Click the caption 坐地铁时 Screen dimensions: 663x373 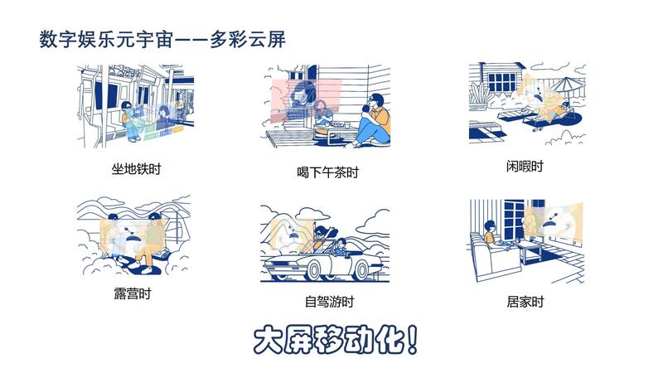pyautogui.click(x=136, y=169)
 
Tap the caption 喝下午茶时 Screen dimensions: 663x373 pyautogui.click(x=327, y=172)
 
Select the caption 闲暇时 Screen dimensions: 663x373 pyautogui.click(x=525, y=167)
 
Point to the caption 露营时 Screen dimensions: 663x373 pyautogui.click(x=133, y=293)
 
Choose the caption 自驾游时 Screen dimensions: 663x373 pyautogui.click(x=329, y=302)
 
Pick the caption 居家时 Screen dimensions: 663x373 pyautogui.click(x=525, y=302)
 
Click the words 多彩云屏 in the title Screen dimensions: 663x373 pyautogui.click(x=248, y=39)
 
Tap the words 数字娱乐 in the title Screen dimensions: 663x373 pyautogui.click(x=77, y=39)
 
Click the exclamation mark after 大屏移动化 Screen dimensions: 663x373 pyautogui.click(x=412, y=339)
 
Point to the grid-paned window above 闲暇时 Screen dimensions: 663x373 pyautogui.click(x=502, y=82)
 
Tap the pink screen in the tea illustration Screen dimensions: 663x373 pyautogui.click(x=306, y=100)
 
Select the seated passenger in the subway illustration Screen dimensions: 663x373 pyautogui.click(x=130, y=121)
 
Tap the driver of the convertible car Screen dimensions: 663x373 pyautogui.click(x=341, y=248)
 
